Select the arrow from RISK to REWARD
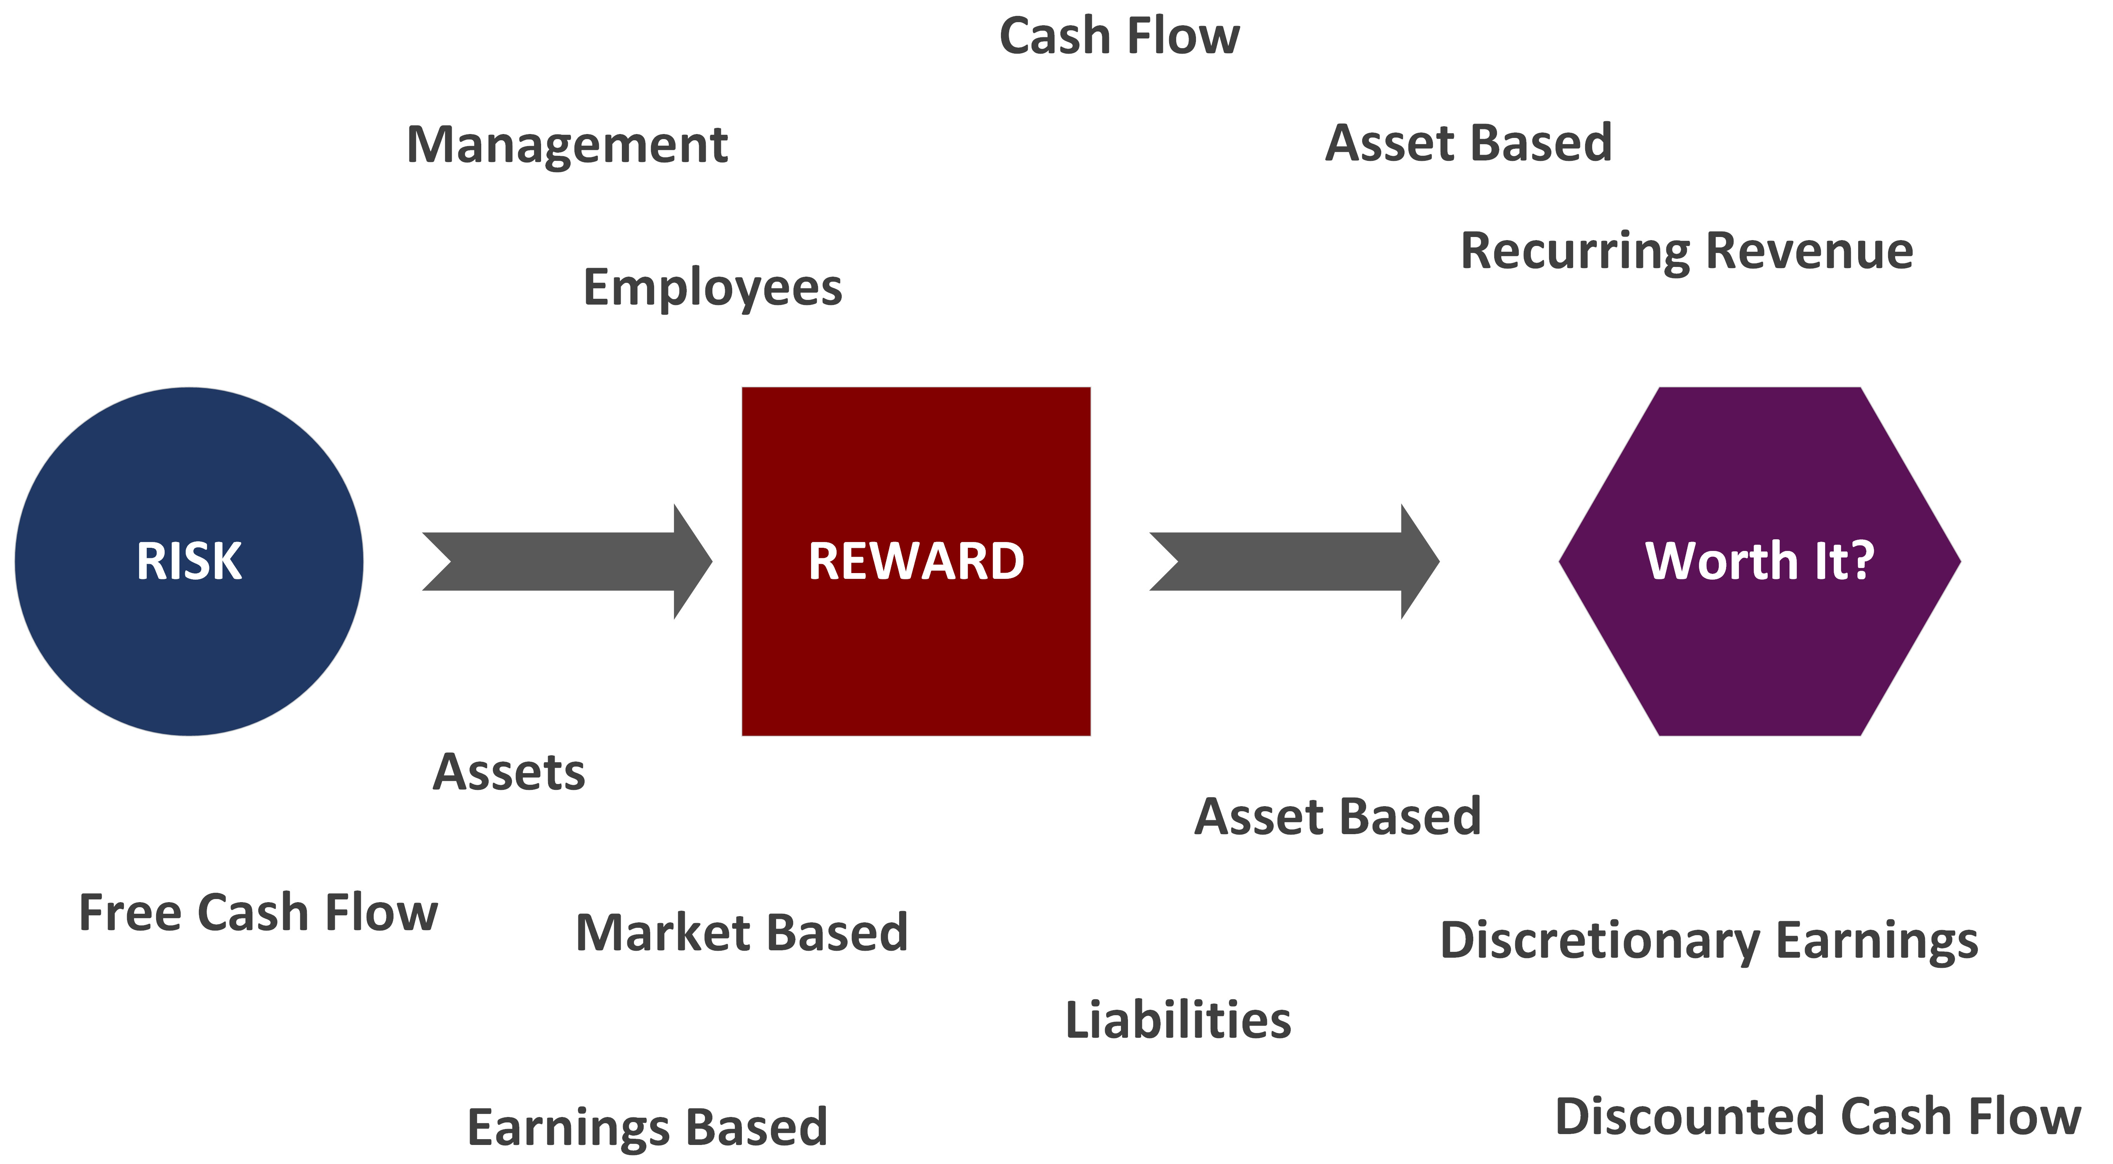pyautogui.click(x=567, y=562)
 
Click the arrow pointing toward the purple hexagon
pyautogui.click(x=1294, y=562)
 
